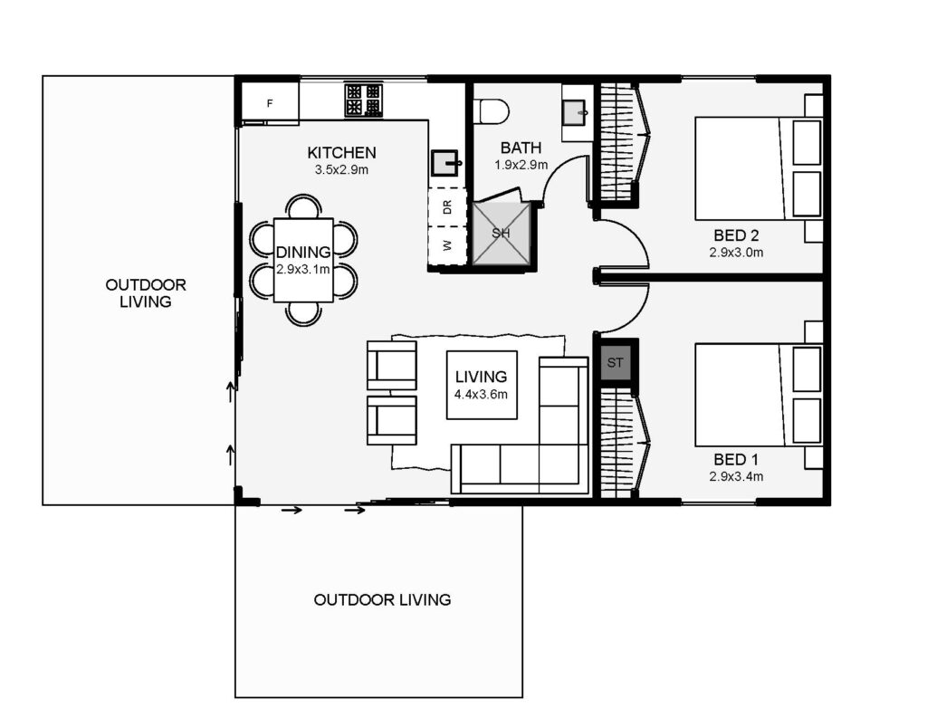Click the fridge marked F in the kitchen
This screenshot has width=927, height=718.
270,103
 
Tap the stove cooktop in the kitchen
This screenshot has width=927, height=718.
364,100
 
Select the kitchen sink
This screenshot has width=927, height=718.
445,163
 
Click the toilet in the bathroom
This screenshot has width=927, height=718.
492,111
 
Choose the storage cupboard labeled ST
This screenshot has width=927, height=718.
616,362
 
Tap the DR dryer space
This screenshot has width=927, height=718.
447,207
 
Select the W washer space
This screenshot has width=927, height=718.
447,245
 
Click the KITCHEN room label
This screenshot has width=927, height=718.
341,153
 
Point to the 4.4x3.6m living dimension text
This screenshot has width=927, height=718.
481,394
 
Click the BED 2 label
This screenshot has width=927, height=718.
736,235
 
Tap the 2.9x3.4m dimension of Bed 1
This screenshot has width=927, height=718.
736,476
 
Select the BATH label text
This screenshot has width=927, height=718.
521,148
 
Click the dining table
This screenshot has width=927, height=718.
303,260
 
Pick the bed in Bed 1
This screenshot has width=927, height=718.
759,395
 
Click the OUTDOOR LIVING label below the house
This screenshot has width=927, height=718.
383,599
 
